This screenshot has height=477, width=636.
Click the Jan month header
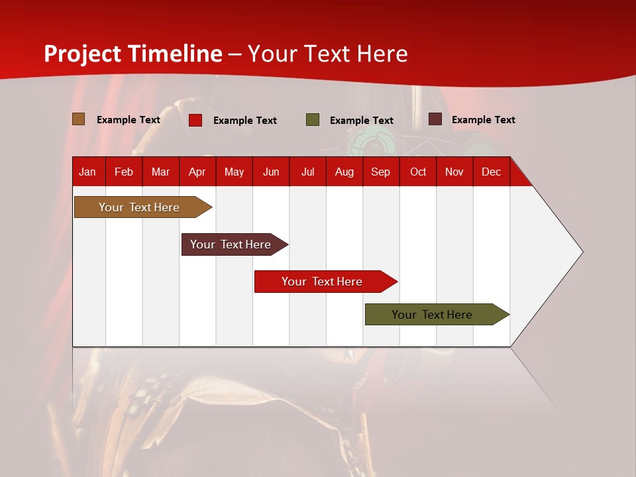(x=87, y=172)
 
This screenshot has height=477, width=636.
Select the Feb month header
(x=124, y=172)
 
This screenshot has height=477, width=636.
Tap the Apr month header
(x=197, y=172)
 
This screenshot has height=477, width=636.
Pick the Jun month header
(x=271, y=172)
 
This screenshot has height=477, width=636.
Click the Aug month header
(x=344, y=172)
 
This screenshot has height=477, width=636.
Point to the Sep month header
(x=380, y=172)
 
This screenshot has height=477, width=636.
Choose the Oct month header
(x=418, y=172)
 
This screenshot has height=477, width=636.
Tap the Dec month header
(x=491, y=172)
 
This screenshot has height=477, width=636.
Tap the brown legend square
(x=78, y=119)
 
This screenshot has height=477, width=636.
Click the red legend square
(x=195, y=120)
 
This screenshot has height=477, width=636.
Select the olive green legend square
(x=313, y=120)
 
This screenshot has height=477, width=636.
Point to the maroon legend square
(x=435, y=119)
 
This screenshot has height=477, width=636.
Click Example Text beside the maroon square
(x=483, y=119)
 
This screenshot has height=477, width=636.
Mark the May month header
(x=234, y=172)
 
